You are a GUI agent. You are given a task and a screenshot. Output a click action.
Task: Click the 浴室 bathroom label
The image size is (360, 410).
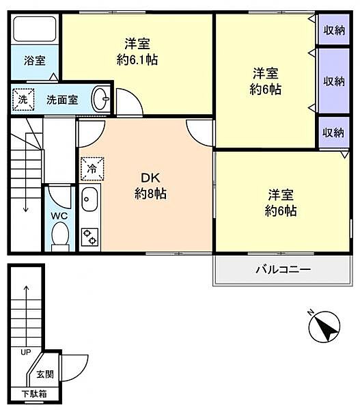(36, 61)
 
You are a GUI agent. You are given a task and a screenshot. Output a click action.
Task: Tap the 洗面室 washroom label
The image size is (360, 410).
(61, 100)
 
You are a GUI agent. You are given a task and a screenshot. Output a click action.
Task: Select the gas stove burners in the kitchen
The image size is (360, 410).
(89, 236)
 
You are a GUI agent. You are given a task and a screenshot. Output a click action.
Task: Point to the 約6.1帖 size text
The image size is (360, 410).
(137, 59)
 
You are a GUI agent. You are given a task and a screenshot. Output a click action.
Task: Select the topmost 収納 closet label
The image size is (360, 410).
(334, 30)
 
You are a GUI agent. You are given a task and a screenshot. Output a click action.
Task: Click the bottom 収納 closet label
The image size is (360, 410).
(334, 132)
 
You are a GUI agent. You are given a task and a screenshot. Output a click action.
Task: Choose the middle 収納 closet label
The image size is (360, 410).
(334, 81)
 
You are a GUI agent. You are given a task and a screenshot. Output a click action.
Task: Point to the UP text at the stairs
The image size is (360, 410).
(25, 353)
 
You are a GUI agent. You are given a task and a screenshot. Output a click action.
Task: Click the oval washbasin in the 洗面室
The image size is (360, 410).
(101, 99)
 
